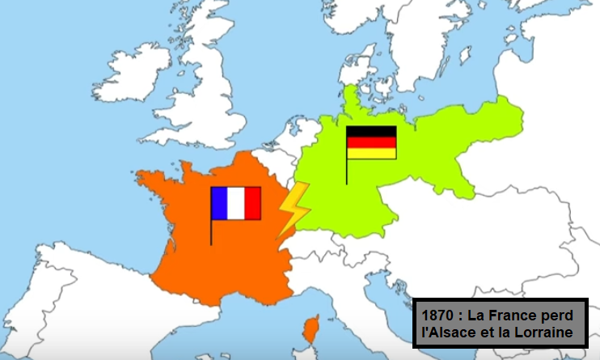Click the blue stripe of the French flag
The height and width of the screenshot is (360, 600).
pos(219,203)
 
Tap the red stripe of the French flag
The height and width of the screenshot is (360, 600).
pos(253,203)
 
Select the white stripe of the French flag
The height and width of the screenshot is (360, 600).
pos(236,203)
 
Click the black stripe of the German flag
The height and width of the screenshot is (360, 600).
pos(371,131)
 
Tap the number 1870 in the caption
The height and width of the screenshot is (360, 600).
pos(438,314)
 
